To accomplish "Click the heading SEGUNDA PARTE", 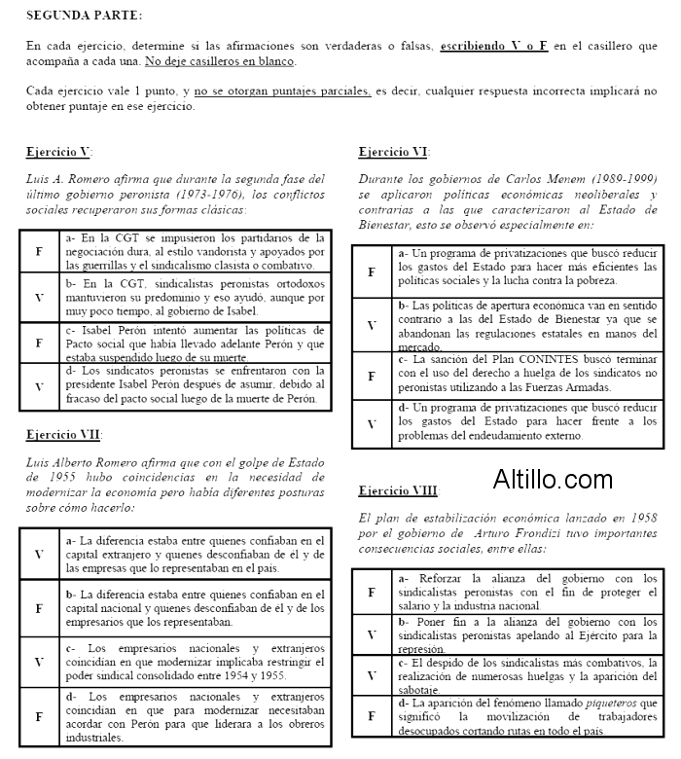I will tap(84, 16).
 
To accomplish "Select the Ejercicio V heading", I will tap(58, 152).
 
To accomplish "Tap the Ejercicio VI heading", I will tap(393, 152).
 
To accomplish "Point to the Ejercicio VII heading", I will tap(63, 434).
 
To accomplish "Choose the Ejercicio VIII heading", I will tap(399, 490).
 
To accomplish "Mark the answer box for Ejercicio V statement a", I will tap(39, 252).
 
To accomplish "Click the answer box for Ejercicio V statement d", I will tap(39, 386).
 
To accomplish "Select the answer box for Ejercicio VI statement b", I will tap(372, 324).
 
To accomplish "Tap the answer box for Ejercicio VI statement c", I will tap(372, 376).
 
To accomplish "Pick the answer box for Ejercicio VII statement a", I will tap(39, 554).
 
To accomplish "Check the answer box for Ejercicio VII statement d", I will tap(39, 715).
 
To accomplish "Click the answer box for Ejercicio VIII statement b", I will tap(372, 634).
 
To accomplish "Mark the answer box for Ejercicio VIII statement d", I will tap(372, 715).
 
